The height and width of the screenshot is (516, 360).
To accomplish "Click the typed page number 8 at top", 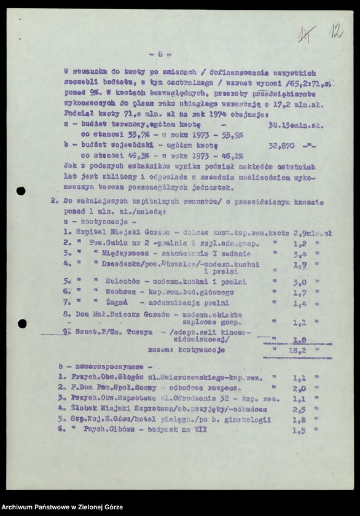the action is pyautogui.click(x=160, y=53).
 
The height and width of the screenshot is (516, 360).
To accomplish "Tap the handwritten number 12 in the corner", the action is pyautogui.click(x=336, y=31).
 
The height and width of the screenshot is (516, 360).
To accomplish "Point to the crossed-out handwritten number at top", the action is pyautogui.click(x=305, y=34).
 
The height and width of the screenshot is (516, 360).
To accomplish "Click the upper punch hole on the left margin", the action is pyautogui.click(x=21, y=191).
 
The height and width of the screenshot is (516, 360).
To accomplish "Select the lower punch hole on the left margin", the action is pyautogui.click(x=22, y=324).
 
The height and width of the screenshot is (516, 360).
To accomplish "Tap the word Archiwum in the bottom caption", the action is pyautogui.click(x=21, y=507).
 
